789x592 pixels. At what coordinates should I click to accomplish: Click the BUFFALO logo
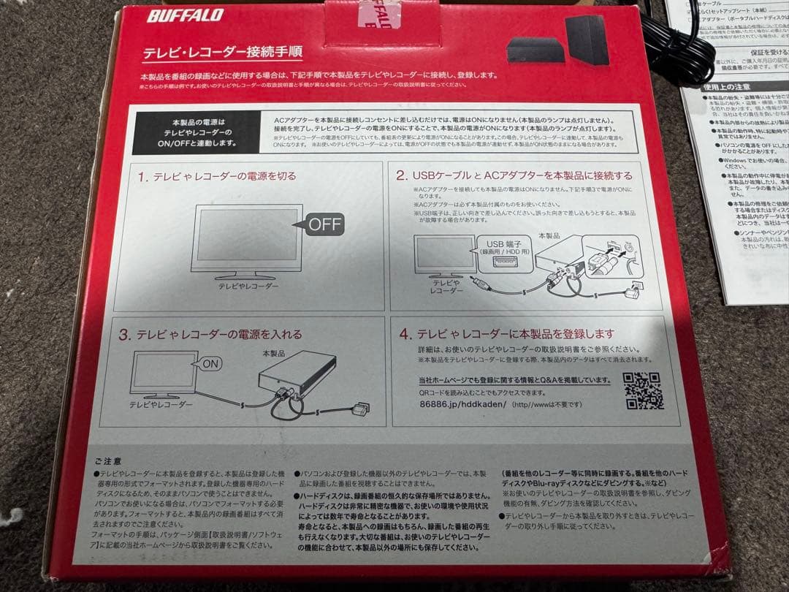pos(184,15)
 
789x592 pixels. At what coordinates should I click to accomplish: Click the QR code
pos(643,391)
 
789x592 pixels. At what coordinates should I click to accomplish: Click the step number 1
pos(142,177)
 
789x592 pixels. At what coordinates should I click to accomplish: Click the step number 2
pos(401,175)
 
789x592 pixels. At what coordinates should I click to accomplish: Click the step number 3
pos(124,335)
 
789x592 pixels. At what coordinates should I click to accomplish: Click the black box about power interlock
pos(194,132)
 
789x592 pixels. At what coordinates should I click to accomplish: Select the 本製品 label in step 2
pos(548,236)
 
